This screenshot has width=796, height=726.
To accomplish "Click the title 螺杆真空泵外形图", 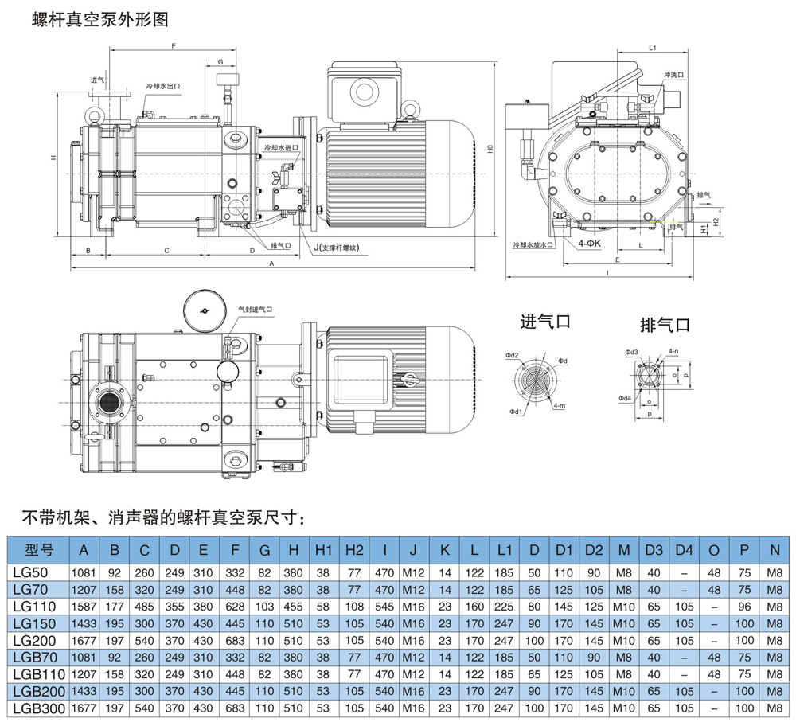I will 100,20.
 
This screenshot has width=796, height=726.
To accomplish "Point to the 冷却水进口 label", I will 280,148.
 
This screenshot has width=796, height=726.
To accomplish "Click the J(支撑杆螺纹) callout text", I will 337,248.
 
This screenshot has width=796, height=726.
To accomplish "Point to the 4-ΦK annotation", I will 590,244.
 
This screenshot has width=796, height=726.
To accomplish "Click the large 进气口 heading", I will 545,322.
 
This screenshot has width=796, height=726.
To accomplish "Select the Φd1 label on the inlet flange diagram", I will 516,412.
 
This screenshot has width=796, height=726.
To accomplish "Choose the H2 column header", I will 354,549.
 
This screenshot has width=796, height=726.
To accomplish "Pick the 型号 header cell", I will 38,549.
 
